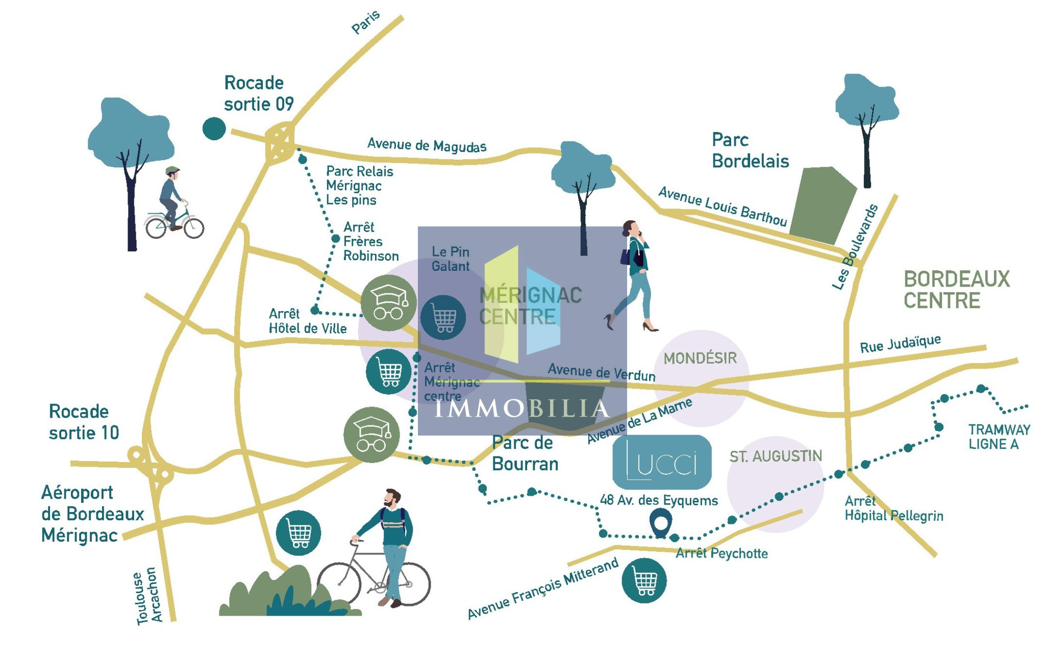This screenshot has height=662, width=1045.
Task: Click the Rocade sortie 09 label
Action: (x=259, y=93)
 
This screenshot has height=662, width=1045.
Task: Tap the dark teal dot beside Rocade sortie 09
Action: (x=214, y=129)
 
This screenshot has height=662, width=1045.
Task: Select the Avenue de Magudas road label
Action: (x=427, y=145)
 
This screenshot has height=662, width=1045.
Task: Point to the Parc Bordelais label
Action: (x=750, y=150)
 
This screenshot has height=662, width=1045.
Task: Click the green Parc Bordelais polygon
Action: (x=822, y=204)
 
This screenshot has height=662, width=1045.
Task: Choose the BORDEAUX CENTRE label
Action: (x=956, y=290)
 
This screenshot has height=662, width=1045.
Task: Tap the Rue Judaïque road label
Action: (x=900, y=344)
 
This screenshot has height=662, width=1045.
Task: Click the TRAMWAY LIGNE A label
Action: (x=999, y=437)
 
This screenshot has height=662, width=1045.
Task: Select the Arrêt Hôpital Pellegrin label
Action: (x=893, y=508)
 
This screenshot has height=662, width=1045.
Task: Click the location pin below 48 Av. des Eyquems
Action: (x=660, y=524)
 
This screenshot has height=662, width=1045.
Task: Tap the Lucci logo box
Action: (x=661, y=462)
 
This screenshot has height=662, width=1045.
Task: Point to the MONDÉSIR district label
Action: (x=700, y=359)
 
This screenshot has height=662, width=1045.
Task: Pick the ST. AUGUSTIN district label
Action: (x=775, y=456)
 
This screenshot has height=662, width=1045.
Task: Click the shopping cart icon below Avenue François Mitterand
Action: (x=644, y=580)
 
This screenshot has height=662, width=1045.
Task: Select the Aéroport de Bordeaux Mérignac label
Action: (x=92, y=514)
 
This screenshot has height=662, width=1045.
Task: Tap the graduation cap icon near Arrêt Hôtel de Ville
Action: (x=388, y=303)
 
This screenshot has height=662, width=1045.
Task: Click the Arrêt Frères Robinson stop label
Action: (x=370, y=241)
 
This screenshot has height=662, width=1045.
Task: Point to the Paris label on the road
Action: (x=366, y=22)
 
